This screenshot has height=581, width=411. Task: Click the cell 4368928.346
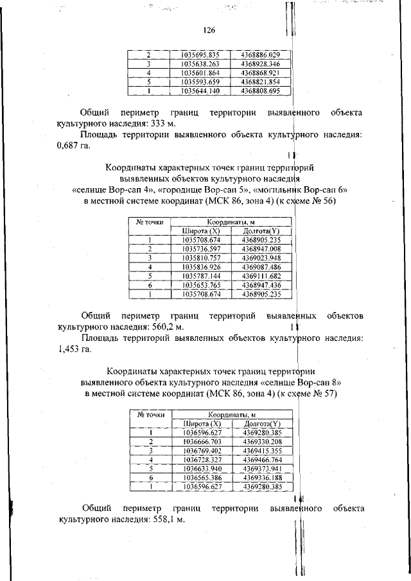(x=261, y=64)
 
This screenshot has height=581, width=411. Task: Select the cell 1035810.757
(x=200, y=257)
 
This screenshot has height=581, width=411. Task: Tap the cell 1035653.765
(x=200, y=284)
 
